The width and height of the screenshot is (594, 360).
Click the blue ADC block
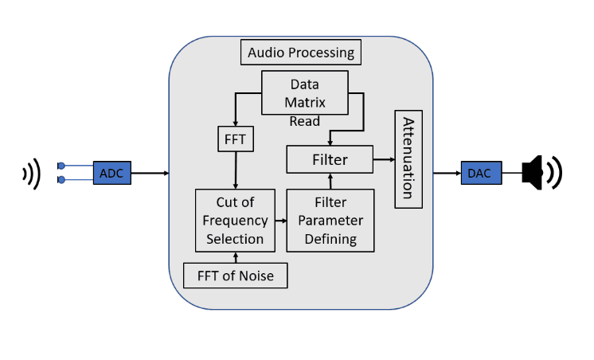tap(111, 173)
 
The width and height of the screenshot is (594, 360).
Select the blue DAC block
tap(479, 173)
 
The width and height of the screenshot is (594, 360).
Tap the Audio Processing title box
tap(301, 53)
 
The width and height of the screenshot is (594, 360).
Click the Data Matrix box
tap(305, 92)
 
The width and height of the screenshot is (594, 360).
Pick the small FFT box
tap(235, 139)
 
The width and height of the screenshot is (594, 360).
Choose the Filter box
tap(330, 159)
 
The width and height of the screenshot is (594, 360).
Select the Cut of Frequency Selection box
tap(235, 220)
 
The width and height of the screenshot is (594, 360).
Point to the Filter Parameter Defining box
tap(330, 220)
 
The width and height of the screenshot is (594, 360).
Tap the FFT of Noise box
tap(235, 275)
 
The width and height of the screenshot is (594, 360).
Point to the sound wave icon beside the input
tap(32, 173)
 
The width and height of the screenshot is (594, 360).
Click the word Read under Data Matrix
tap(305, 122)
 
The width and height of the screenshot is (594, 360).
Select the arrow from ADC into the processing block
tap(150, 173)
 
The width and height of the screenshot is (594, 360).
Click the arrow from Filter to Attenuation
tap(384, 159)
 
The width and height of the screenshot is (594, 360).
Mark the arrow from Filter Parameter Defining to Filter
tap(330, 181)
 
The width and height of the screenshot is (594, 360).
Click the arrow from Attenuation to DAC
tap(446, 173)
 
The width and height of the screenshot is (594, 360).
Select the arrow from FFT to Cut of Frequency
tap(235, 170)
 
